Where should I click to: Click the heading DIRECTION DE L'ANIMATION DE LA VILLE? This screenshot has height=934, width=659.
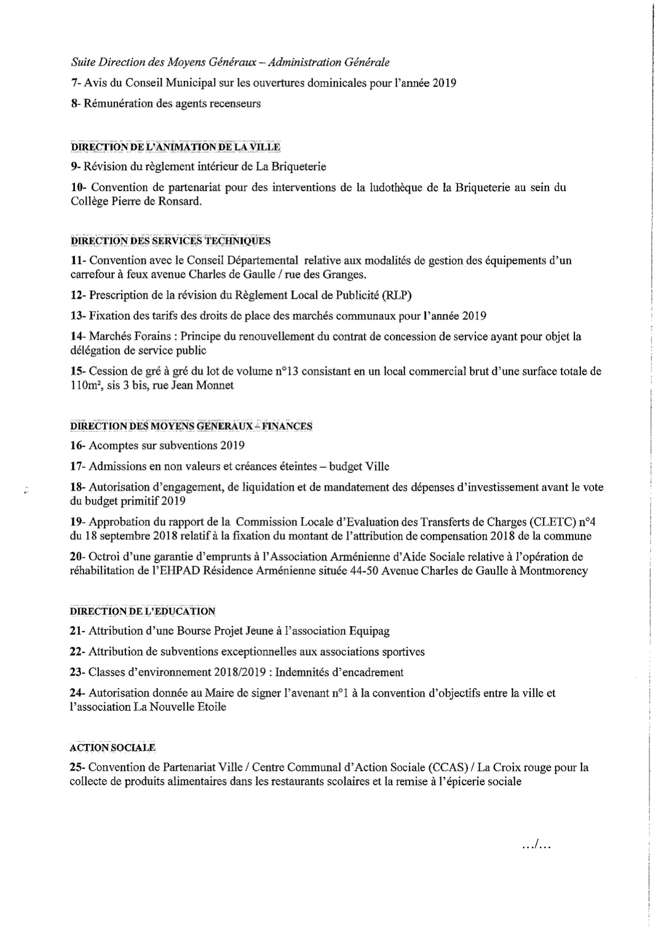coord(176,146)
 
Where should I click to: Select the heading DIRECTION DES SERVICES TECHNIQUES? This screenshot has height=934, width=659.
coord(170,241)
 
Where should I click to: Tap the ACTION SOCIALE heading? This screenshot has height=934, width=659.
coord(112,747)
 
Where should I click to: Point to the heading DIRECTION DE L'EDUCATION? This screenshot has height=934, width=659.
coord(143,611)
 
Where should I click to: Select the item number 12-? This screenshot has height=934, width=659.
coord(78,295)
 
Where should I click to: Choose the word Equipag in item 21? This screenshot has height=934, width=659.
coord(369,632)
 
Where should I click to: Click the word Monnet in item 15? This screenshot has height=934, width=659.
coord(216,386)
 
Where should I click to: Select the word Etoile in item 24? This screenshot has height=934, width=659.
coord(211,707)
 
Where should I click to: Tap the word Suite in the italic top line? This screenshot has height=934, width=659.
coord(82,62)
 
